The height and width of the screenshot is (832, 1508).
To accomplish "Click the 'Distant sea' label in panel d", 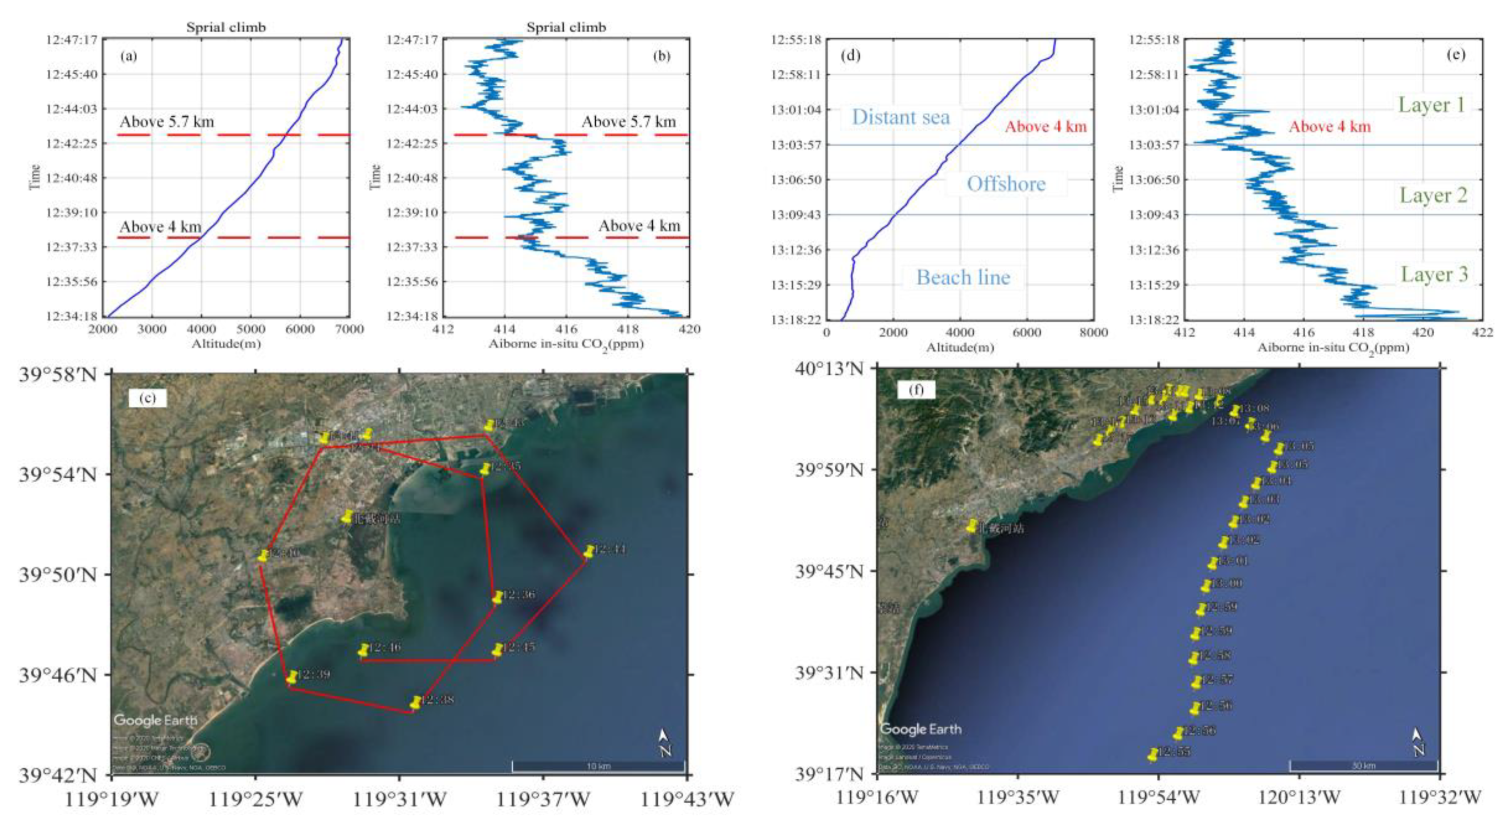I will (x=900, y=117).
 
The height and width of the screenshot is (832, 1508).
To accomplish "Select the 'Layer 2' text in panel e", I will (x=1433, y=195).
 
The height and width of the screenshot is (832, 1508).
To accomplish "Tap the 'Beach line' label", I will (x=963, y=277).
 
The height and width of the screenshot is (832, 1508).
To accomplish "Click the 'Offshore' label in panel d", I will (x=1006, y=184).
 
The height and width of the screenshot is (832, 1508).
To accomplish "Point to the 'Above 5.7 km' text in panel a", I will (x=167, y=122).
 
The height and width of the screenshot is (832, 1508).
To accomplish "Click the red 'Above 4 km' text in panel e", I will (x=1330, y=127).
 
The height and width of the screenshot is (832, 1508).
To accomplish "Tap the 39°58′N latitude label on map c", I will (x=57, y=373).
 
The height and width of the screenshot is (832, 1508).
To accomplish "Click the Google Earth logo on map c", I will (x=155, y=720).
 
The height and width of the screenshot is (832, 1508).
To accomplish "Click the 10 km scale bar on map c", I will (x=598, y=766).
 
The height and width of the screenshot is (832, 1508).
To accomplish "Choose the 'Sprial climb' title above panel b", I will (x=565, y=28).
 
